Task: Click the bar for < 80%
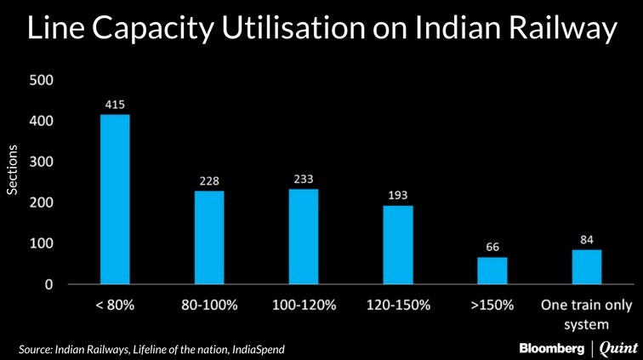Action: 115,199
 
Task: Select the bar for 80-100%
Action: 209,237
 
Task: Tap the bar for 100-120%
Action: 304,237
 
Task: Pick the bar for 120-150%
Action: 398,244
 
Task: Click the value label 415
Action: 115,104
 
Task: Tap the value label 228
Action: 209,180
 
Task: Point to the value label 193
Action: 398,194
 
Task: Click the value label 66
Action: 492,247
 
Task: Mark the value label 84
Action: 586,239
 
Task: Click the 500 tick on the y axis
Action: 43,81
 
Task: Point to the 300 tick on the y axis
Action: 43,162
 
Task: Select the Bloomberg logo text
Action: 552,348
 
